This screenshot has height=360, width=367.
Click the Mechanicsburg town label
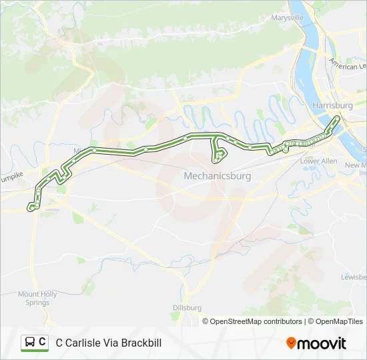click(x=217, y=177)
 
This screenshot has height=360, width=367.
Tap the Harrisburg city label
click(x=332, y=105)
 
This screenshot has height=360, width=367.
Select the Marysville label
click(x=287, y=18)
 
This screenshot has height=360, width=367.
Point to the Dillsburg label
click(x=187, y=307)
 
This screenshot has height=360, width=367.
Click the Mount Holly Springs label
click(x=37, y=298)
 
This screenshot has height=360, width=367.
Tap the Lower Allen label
click(x=318, y=161)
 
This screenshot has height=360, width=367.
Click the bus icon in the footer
click(x=30, y=343)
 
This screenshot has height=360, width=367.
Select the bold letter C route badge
click(x=43, y=342)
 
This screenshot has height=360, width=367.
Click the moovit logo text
click(x=322, y=343)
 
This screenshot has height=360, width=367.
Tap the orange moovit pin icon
click(x=291, y=343)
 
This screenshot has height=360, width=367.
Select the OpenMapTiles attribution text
click(x=339, y=321)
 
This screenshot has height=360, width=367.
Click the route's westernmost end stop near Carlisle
click(x=31, y=208)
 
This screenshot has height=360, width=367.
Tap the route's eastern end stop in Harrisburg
click(x=337, y=119)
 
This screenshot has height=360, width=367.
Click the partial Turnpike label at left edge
click(x=11, y=174)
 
